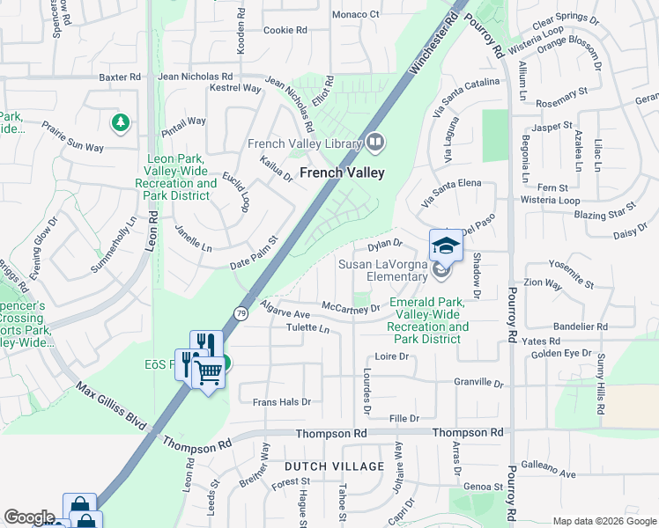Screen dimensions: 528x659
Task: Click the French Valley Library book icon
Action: coord(375,142)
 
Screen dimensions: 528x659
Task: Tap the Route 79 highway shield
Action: coord(241,312)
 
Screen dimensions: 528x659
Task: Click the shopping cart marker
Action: coord(208,372)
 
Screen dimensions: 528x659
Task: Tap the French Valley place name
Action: coord(343,173)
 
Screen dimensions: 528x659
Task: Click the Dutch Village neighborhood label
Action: coord(334,466)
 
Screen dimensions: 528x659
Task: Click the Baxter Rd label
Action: coord(120,77)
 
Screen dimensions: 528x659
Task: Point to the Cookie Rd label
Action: coord(285,30)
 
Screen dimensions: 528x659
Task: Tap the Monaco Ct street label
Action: coord(355,15)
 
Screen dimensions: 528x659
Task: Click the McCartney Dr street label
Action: coord(350,308)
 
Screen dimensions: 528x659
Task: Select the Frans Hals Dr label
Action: coord(282,402)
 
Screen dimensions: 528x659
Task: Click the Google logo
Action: coord(29,517)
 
